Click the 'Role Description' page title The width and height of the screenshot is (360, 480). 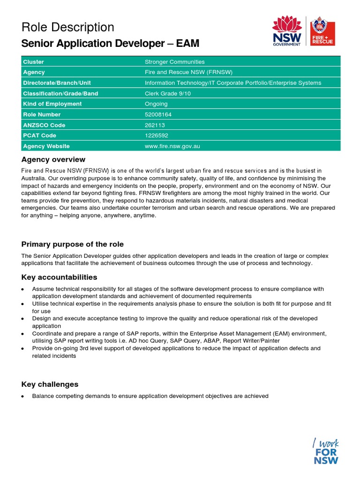coord(67,27)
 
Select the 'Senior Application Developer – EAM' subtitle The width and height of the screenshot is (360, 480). coord(110,44)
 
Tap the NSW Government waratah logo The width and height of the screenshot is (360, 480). coord(287,30)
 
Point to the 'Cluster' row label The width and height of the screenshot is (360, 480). coord(33,62)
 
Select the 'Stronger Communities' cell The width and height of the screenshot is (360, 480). coord(174,62)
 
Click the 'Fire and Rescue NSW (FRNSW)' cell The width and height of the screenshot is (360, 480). coord(188,72)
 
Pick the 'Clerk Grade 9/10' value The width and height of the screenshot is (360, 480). coord(168,93)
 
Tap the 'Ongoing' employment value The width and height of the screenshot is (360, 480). coord(156,104)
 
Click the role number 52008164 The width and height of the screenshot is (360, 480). coord(159,114)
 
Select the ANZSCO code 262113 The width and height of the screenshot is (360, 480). coord(155,125)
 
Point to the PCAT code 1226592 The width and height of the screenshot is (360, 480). coord(157,135)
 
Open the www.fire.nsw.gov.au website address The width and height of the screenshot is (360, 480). coord(172,146)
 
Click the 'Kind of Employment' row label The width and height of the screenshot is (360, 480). coord(52,104)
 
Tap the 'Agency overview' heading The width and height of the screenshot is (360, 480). coord(53,159)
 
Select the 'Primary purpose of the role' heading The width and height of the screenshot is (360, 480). coord(73,244)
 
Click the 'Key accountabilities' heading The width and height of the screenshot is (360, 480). coord(60,277)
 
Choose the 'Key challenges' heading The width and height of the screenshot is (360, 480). coord(50,384)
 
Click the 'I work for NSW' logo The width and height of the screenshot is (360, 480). coord(326,450)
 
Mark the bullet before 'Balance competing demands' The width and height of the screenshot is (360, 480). coord(23,397)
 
